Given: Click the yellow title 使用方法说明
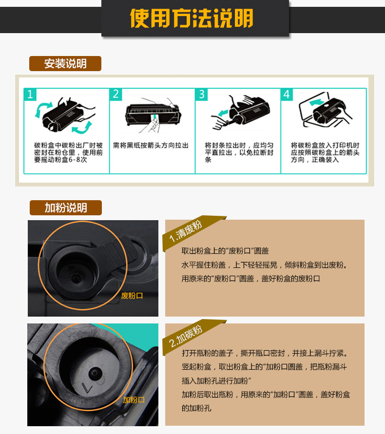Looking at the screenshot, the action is (x=192, y=18).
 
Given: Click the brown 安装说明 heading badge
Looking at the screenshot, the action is (x=65, y=64).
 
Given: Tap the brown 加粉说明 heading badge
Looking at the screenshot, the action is (x=66, y=208).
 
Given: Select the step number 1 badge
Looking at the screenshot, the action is (x=30, y=94).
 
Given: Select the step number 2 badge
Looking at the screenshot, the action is (x=116, y=94).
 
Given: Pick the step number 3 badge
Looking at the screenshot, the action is (x=202, y=94).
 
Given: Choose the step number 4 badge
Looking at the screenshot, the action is (x=287, y=94).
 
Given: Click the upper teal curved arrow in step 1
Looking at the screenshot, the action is (x=43, y=109).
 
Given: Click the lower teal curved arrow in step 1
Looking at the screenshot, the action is (x=82, y=127).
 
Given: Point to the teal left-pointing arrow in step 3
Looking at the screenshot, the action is (x=223, y=113).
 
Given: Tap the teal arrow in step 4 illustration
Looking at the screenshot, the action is (x=317, y=102).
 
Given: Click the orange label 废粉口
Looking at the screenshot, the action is (x=132, y=296).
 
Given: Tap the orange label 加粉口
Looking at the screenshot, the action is (x=134, y=400).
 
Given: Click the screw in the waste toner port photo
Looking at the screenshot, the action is (x=76, y=278).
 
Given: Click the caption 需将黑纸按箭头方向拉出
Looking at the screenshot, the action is (x=151, y=145).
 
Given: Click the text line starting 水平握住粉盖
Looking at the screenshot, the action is (x=265, y=265).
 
